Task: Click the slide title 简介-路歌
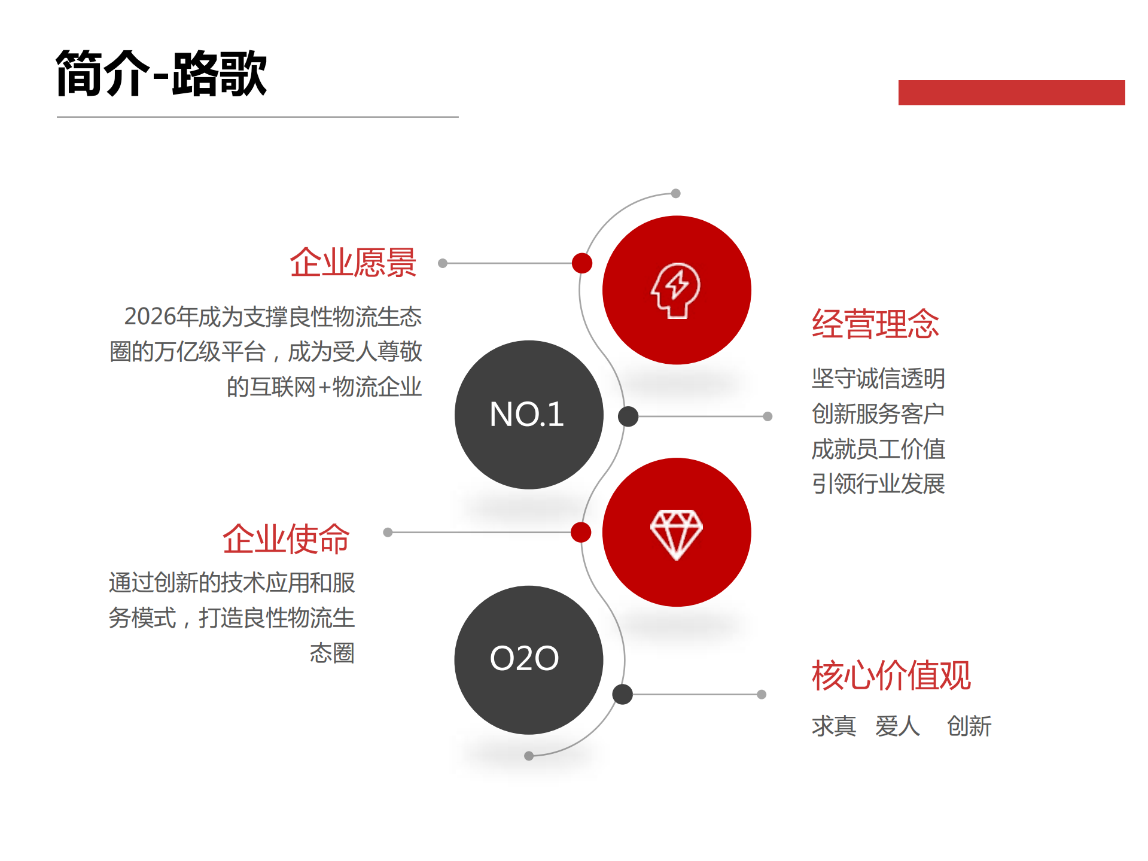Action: (x=161, y=74)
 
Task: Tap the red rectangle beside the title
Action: (x=1011, y=93)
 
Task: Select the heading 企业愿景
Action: (x=353, y=263)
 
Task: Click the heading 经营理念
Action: (x=875, y=324)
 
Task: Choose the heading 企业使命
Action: (x=286, y=538)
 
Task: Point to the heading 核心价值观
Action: (x=891, y=676)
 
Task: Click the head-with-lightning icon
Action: (x=676, y=290)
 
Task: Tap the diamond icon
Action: (x=676, y=534)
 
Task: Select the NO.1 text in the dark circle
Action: (x=526, y=414)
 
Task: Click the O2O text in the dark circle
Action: (x=524, y=658)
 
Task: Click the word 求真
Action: (x=834, y=726)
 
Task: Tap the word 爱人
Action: (x=897, y=726)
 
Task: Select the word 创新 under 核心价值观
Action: (x=969, y=726)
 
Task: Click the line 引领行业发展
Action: (x=878, y=483)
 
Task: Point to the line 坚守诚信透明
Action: (x=878, y=378)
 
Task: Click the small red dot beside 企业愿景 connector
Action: (x=582, y=263)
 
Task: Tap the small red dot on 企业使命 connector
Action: (x=581, y=532)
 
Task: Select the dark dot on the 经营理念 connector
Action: (x=628, y=416)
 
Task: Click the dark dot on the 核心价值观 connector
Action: (x=623, y=694)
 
